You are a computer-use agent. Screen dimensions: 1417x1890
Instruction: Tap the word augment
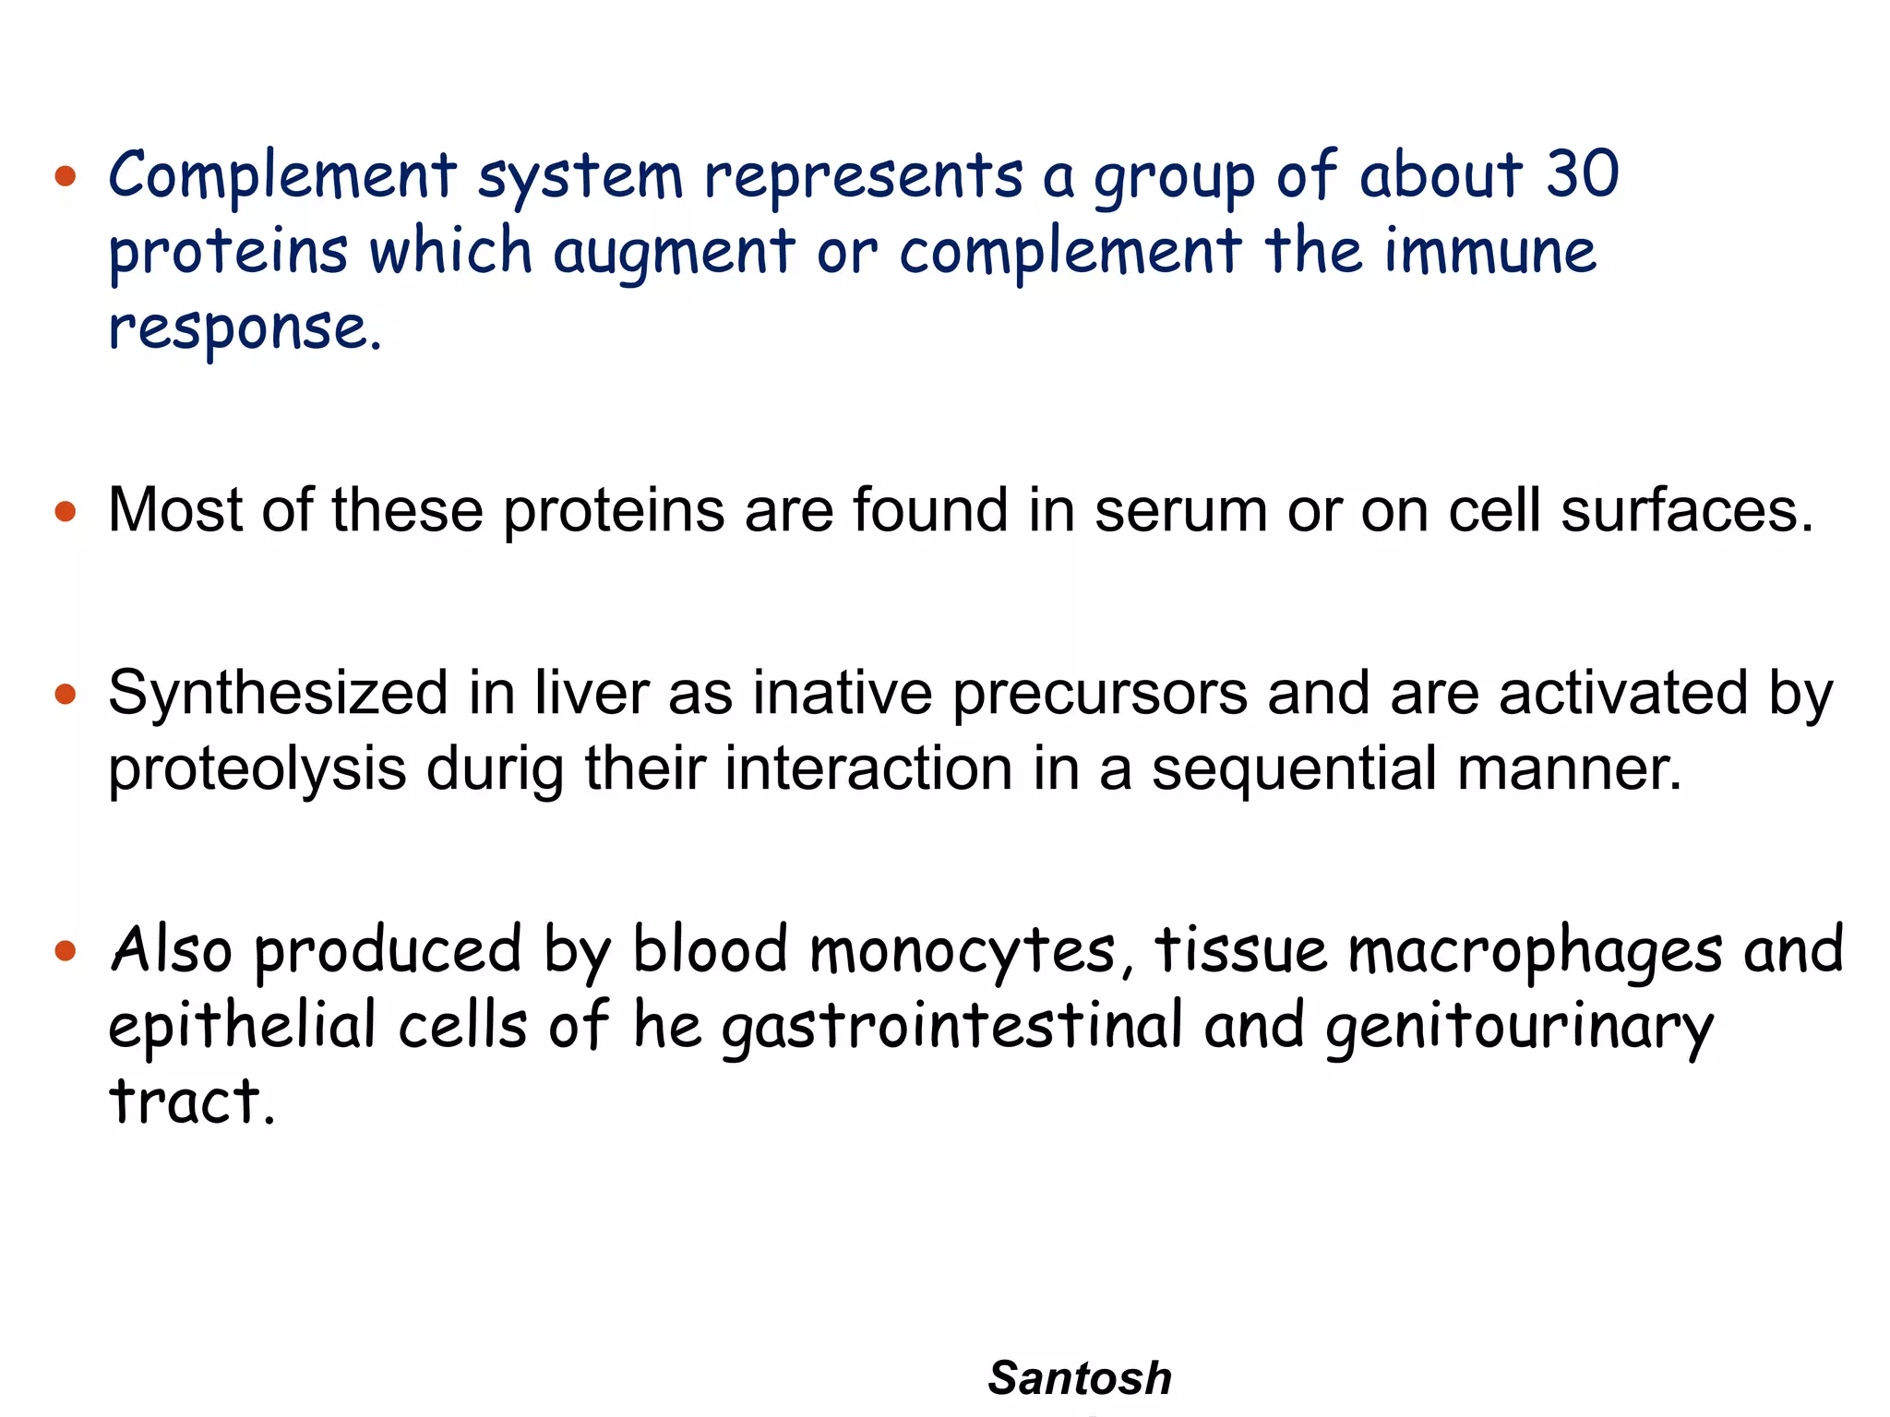[x=674, y=253]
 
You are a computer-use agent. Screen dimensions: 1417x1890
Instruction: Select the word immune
[x=1490, y=251]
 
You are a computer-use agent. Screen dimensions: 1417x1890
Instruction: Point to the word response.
[x=245, y=328]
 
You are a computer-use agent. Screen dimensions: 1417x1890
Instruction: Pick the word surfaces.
[x=1687, y=510]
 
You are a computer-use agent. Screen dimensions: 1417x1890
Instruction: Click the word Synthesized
[x=278, y=694]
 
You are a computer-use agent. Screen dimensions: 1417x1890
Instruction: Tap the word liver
[x=592, y=694]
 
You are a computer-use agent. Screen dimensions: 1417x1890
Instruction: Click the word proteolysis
[x=257, y=769]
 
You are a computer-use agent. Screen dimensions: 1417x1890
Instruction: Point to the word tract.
[x=192, y=1101]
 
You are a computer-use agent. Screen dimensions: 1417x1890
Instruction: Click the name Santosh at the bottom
[x=1079, y=1378]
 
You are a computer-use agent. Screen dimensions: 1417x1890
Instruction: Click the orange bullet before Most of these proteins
[x=65, y=511]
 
